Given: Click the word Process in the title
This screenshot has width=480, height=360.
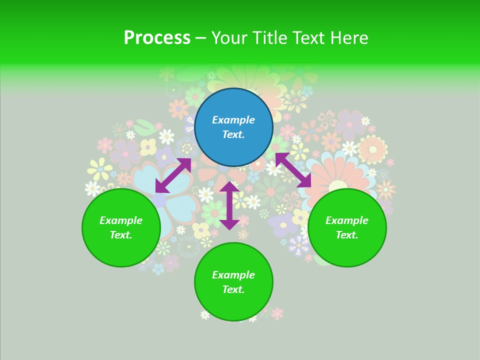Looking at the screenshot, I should tap(157, 38).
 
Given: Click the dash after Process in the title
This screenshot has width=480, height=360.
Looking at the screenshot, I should tap(200, 38).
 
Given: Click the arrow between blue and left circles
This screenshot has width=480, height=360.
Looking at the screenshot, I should tap(173, 175).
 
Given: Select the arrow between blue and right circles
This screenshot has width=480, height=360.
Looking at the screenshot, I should tap(293, 170).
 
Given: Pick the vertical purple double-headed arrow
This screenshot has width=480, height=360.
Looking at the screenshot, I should tap(229, 205).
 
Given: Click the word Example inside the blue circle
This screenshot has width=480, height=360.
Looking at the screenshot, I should tap(233, 120).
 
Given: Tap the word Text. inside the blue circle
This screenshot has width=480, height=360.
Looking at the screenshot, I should tap(233, 134).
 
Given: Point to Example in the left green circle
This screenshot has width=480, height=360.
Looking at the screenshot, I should tap(121, 220).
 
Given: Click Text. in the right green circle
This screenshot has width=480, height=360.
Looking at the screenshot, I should tap(347, 235).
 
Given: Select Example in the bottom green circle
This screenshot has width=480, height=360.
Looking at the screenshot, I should tap(233, 275).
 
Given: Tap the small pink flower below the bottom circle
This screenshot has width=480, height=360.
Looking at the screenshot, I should tap(276, 313).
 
